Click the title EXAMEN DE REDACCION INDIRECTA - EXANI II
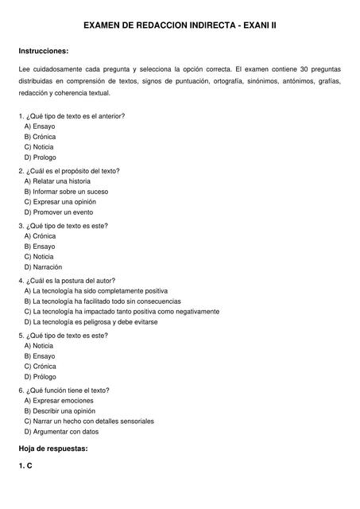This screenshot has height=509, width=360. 180,25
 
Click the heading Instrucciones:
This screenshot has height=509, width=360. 48,51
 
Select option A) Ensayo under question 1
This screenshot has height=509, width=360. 40,126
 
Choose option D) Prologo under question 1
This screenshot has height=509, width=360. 40,157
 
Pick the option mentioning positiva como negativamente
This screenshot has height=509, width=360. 121,312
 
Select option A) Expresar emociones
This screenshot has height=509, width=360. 58,401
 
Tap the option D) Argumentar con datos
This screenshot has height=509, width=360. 61,432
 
